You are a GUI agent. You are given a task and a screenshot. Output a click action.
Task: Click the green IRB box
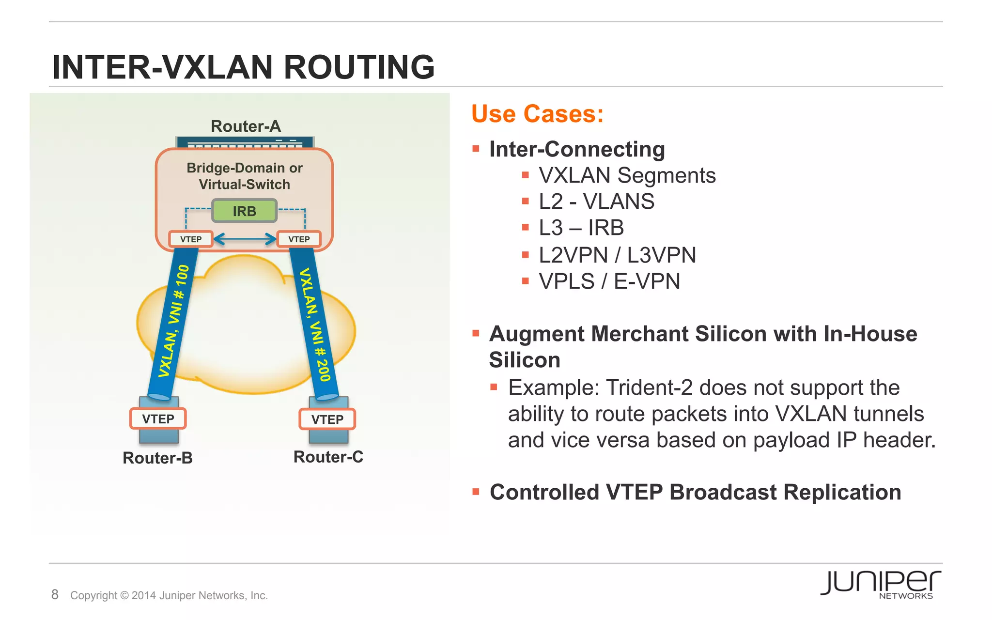coord(244,211)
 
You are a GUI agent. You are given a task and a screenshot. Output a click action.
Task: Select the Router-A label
coord(246,126)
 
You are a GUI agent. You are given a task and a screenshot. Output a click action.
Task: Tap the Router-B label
coord(157,458)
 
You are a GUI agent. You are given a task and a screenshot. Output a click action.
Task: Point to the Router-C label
coord(328,457)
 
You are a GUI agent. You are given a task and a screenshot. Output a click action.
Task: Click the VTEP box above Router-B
coord(158,419)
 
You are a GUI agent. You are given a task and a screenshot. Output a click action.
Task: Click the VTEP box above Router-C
coord(327,419)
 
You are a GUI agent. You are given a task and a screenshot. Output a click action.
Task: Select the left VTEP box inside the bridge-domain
coord(191,239)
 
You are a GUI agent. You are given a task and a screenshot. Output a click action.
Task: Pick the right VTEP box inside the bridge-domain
coord(299,239)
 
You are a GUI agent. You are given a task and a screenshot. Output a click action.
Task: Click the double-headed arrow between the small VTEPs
coord(245,239)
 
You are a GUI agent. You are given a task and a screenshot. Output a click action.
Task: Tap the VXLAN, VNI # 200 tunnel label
coord(314,325)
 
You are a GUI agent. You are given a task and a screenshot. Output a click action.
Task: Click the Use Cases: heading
coord(537,114)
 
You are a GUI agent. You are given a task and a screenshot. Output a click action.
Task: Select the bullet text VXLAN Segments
coord(627,175)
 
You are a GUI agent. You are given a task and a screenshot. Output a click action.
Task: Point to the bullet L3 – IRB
coord(581,228)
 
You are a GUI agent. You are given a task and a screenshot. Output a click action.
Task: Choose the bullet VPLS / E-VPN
coord(609,281)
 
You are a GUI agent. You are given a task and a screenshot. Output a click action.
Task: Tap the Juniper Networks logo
coord(880,584)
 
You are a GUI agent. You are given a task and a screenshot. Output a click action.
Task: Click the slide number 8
coord(55,594)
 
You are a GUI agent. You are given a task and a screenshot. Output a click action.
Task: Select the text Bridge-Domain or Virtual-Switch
coord(244,176)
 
